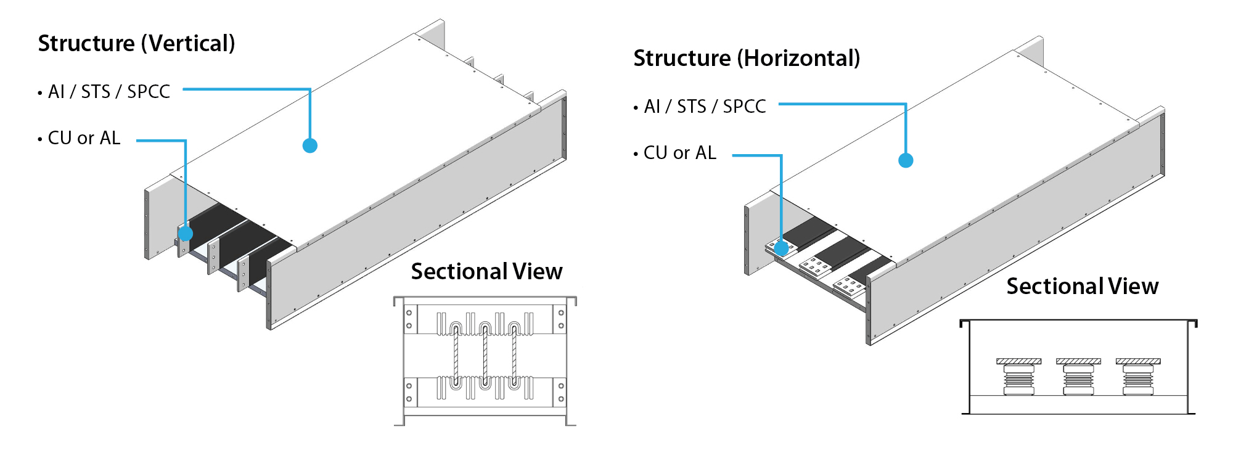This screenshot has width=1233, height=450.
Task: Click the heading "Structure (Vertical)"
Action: pyautogui.click(x=136, y=44)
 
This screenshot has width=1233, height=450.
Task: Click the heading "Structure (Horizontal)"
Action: pyautogui.click(x=747, y=59)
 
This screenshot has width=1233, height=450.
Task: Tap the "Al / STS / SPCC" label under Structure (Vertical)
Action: pyautogui.click(x=109, y=92)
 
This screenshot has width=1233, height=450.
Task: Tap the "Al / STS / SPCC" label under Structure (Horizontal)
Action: pyautogui.click(x=705, y=107)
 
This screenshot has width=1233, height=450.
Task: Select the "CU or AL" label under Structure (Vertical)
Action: pyautogui.click(x=84, y=138)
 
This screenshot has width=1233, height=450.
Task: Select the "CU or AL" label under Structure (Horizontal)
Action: pyautogui.click(x=680, y=153)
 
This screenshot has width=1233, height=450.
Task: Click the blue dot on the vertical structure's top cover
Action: pyautogui.click(x=310, y=145)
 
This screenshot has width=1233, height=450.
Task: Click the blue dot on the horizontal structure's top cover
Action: pyautogui.click(x=906, y=160)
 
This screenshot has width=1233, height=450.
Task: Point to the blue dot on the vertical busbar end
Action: pyautogui.click(x=186, y=234)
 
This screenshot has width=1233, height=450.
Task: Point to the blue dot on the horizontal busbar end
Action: pyautogui.click(x=781, y=248)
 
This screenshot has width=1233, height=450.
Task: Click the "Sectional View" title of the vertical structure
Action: pyautogui.click(x=486, y=272)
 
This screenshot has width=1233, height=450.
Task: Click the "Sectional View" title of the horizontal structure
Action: pyautogui.click(x=1082, y=287)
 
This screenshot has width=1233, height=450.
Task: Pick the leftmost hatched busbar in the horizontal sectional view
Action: pyautogui.click(x=1018, y=361)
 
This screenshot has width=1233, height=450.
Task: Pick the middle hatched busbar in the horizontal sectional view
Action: pyautogui.click(x=1078, y=361)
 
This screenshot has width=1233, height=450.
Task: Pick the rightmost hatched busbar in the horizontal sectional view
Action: pyautogui.click(x=1138, y=361)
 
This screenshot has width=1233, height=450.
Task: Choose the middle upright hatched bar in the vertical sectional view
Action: pyautogui.click(x=485, y=354)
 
